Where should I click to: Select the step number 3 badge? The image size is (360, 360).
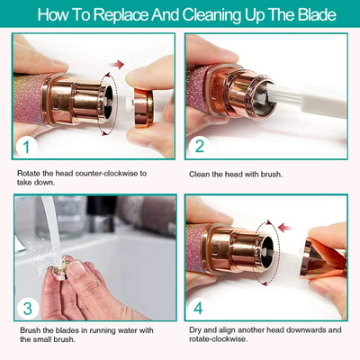click(x=29, y=310)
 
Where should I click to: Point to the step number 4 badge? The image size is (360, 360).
click(x=200, y=310)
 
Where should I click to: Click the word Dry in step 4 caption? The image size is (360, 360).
click(x=196, y=330)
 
